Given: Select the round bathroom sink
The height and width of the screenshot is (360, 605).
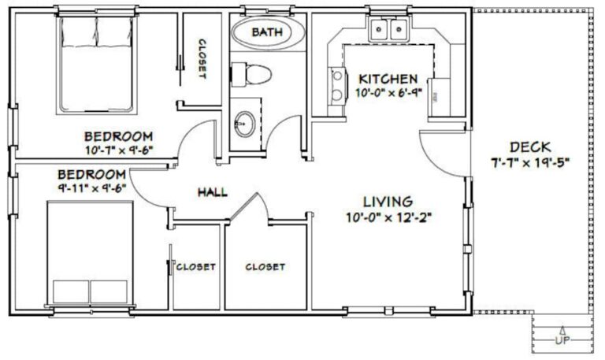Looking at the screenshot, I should [244, 122].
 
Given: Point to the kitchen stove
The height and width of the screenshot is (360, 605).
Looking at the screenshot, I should [337, 84].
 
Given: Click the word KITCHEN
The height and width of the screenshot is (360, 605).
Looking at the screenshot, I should [388, 79].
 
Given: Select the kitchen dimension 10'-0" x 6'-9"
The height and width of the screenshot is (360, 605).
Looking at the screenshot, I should [388, 93].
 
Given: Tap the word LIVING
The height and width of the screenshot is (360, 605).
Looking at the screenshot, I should [388, 202].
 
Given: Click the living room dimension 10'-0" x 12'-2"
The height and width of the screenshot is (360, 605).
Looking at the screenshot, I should [388, 217].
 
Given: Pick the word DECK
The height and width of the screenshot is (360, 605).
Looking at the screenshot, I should [529, 147].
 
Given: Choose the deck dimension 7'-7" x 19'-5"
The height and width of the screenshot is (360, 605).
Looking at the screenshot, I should [529, 163].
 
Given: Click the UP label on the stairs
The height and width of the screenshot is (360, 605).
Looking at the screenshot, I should [562, 341].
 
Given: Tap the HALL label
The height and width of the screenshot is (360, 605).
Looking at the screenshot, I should [213, 191].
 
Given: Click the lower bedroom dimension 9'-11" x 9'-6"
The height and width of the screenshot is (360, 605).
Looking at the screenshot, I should [92, 187].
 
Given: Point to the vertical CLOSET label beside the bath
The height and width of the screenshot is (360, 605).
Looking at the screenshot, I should [202, 59].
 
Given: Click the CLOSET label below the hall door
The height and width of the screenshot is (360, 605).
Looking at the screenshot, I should [265, 267].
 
